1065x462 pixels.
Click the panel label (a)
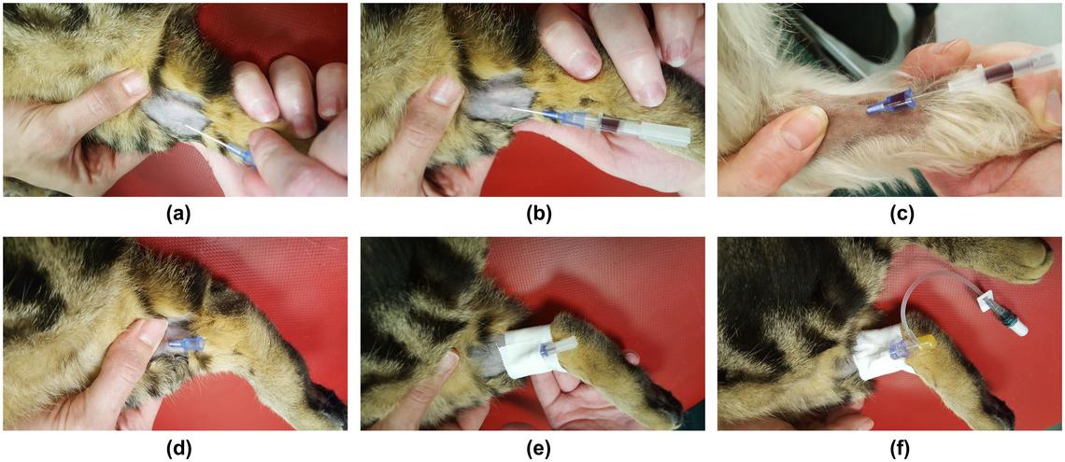[x=177, y=214]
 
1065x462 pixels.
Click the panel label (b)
[x=534, y=214]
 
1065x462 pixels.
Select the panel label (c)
[x=890, y=214]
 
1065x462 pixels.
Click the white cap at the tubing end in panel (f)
[x=1017, y=329]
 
